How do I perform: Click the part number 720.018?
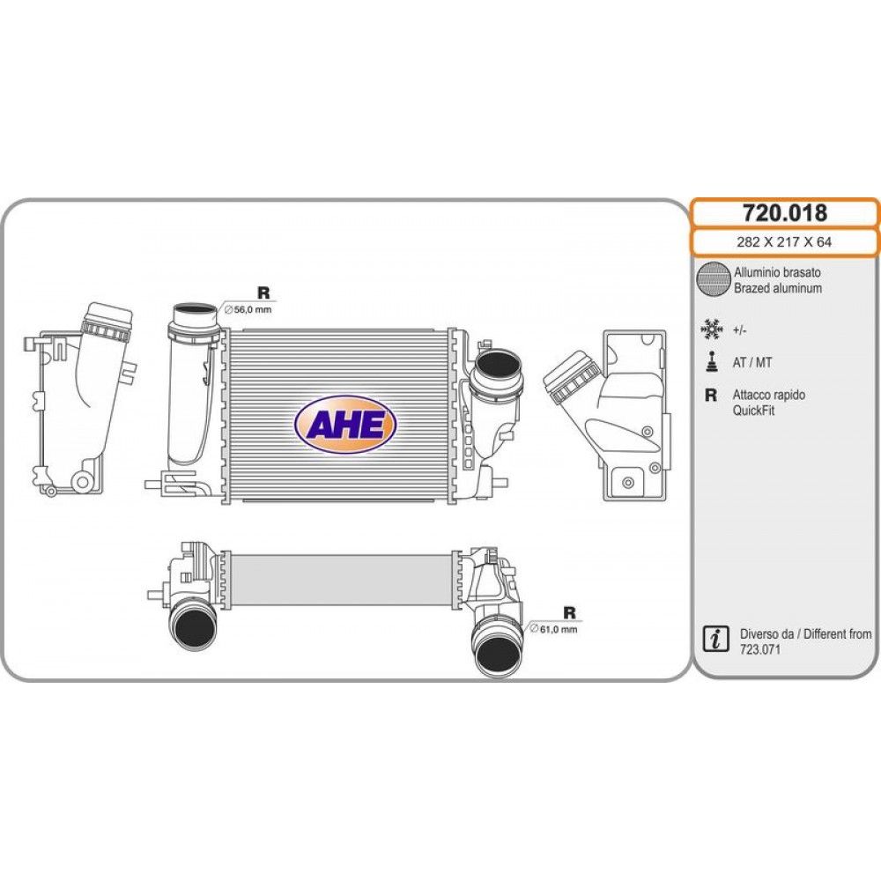click(x=784, y=213)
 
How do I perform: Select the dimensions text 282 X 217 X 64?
click(x=784, y=242)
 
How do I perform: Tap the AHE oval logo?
click(x=345, y=425)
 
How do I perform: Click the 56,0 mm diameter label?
click(x=248, y=309)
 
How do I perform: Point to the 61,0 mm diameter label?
click(x=553, y=629)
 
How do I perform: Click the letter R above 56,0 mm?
click(x=263, y=292)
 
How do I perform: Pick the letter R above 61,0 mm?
click(x=569, y=612)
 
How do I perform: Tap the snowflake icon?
click(x=711, y=329)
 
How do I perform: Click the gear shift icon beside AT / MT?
click(x=712, y=362)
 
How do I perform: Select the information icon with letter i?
click(x=715, y=639)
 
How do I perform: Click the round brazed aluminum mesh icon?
click(x=713, y=278)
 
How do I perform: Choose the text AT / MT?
click(x=751, y=362)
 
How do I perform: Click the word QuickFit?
click(x=753, y=411)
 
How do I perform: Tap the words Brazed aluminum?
click(x=778, y=288)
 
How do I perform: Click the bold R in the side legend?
click(x=711, y=395)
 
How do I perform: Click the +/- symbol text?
click(x=739, y=330)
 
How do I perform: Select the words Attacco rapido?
click(x=768, y=395)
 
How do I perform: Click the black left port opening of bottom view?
click(x=193, y=629)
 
